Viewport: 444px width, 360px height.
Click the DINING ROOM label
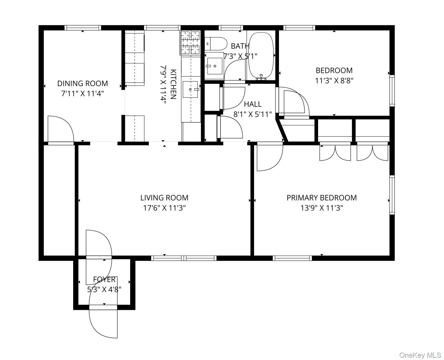pyautogui.click(x=83, y=83)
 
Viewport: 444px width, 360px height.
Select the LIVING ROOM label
pyautogui.click(x=164, y=197)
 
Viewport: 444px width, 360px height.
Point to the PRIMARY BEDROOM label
pyautogui.click(x=321, y=197)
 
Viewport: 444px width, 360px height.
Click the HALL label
pyautogui.click(x=252, y=104)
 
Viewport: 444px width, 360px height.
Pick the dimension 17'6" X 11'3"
pyautogui.click(x=164, y=208)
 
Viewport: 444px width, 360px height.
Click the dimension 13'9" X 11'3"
pyautogui.click(x=321, y=208)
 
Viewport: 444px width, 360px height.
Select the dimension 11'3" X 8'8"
pyautogui.click(x=334, y=81)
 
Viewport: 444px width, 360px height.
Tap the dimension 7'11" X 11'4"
pyautogui.click(x=83, y=94)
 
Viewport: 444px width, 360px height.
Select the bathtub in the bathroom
pyautogui.click(x=261, y=55)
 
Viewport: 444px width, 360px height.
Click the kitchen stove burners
pyautogui.click(x=190, y=43)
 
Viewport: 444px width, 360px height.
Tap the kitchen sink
pyautogui.click(x=191, y=89)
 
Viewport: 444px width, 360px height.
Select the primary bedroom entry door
pyautogui.click(x=269, y=157)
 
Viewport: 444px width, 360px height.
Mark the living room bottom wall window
pyautogui.click(x=183, y=258)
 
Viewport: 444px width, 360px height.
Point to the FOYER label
pyautogui.click(x=104, y=279)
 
